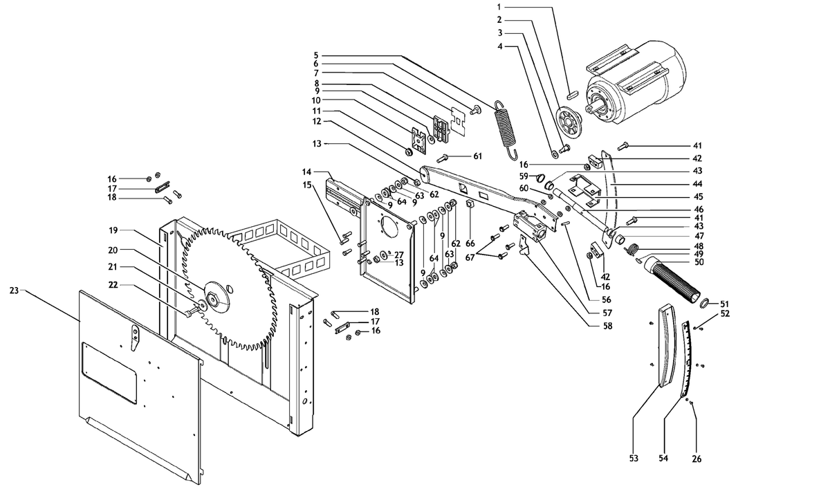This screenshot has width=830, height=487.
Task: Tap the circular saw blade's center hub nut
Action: click(x=214, y=298)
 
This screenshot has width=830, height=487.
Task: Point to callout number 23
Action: click(x=14, y=291)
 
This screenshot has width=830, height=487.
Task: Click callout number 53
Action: click(x=634, y=459)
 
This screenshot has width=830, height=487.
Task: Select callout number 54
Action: click(x=663, y=459)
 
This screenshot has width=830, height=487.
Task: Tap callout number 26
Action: click(x=697, y=459)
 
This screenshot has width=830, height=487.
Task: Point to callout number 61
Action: click(x=478, y=156)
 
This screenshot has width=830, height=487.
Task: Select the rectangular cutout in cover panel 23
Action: click(x=109, y=372)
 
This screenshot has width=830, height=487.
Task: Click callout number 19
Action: click(x=113, y=230)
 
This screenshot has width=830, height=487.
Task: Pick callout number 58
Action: click(x=608, y=326)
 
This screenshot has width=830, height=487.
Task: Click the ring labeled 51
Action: click(x=705, y=304)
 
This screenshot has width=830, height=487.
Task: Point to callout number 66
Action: click(x=470, y=243)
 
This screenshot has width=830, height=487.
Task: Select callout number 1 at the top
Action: click(x=499, y=7)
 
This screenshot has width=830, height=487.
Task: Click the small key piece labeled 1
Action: click(x=573, y=94)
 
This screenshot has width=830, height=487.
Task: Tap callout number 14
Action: click(x=307, y=172)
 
